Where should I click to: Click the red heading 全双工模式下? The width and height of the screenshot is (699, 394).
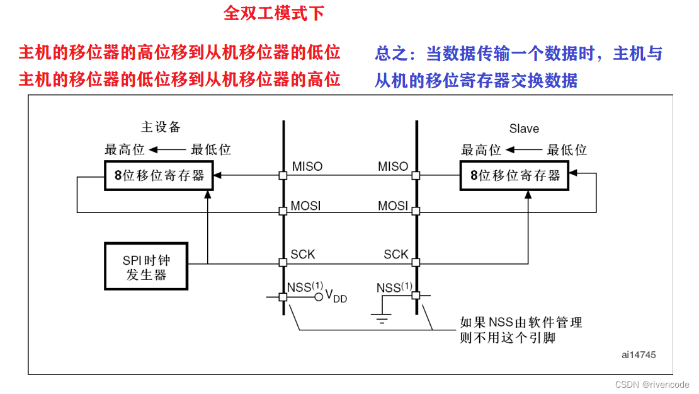[274, 14]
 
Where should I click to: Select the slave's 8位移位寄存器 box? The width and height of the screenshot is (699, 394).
[514, 175]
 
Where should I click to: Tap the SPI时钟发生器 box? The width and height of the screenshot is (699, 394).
[146, 266]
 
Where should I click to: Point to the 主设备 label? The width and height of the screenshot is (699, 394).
[161, 127]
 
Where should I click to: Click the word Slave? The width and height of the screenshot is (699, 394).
[524, 129]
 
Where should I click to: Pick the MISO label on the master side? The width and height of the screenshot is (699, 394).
[307, 166]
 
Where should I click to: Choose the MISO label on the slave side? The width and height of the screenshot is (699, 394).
[393, 166]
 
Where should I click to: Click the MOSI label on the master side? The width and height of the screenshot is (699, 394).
[306, 206]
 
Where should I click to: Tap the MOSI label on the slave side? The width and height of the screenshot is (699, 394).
[393, 206]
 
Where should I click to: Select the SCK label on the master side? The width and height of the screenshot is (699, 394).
[303, 254]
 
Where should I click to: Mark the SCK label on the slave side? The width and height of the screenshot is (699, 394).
[396, 254]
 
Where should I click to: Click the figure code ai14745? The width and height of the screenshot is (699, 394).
[638, 355]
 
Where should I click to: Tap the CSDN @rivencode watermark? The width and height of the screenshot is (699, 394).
[652, 384]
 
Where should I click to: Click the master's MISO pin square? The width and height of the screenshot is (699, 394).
[283, 176]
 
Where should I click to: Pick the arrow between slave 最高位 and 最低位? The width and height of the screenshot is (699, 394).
[523, 150]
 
